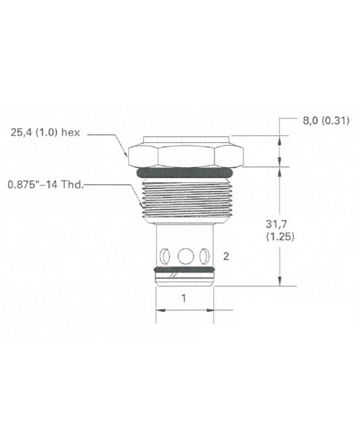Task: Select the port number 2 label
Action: click(x=225, y=255)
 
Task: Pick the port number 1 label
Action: click(x=184, y=298)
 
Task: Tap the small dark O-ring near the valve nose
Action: click(x=184, y=270)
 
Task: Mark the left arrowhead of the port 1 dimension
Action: click(x=159, y=310)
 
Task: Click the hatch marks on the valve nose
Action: click(x=175, y=278)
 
